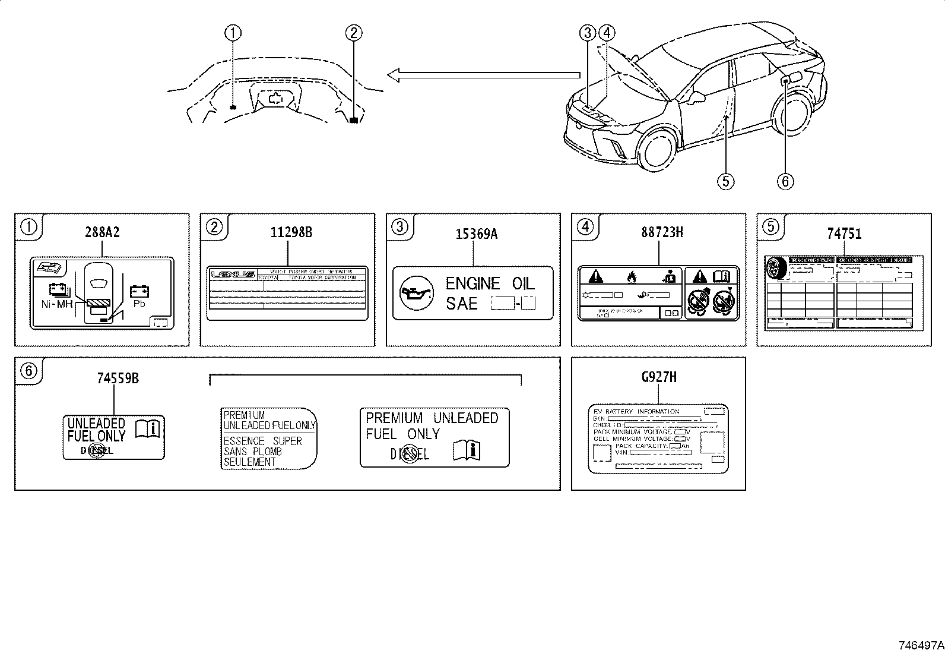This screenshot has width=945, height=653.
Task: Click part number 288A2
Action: coord(101,232)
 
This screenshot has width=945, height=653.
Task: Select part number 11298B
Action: coord(287,232)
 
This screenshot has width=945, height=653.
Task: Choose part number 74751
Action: coord(843,234)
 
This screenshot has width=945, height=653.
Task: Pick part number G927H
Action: coord(658,377)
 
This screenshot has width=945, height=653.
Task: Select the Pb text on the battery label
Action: coord(139,303)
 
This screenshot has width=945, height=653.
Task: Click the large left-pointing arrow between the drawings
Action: coord(483,75)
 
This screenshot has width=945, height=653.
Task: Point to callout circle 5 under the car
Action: coord(725,181)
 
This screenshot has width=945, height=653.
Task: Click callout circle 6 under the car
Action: coord(785,181)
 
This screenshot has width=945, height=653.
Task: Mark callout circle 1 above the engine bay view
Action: coord(233,33)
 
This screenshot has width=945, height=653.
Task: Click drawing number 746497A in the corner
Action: coord(919,644)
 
